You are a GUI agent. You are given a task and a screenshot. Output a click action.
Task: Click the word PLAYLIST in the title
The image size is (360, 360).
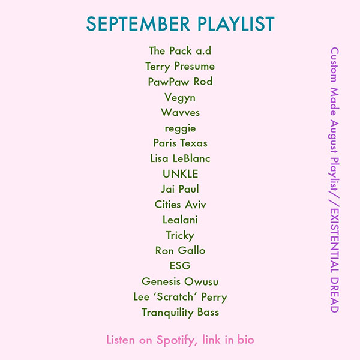pos(236,24)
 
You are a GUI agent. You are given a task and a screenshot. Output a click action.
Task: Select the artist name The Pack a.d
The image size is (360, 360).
pos(180,50)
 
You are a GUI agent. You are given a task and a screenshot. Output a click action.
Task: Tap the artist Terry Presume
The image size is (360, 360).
pos(180,66)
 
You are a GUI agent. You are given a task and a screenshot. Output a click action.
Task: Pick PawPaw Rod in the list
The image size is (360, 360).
pos(180,82)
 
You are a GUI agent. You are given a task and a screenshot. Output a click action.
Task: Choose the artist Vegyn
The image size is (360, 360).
pos(180,97)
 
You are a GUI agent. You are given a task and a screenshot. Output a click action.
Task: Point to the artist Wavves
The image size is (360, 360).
pos(180,112)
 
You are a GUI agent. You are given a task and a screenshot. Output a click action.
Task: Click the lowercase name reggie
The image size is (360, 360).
pos(180,128)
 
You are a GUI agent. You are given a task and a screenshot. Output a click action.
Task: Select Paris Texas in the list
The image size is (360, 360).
pos(180,143)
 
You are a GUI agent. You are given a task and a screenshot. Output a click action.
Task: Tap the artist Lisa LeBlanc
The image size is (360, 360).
pos(180,158)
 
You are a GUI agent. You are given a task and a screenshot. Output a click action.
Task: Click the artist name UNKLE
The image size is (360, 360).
pos(180,174)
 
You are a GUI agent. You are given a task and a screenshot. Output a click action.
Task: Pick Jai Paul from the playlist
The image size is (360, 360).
pos(180,189)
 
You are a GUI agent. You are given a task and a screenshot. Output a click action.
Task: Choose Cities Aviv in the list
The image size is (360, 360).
pos(180,205)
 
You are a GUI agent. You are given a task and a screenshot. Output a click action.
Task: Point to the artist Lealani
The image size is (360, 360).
pos(180,220)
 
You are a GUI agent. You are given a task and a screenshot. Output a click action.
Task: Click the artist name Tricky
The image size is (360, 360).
pos(180,235)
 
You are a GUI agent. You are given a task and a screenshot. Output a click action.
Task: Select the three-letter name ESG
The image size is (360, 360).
pos(180,266)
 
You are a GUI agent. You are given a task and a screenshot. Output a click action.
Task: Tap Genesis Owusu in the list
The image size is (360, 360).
pos(180,281)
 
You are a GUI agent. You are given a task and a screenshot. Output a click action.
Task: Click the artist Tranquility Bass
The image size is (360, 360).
pos(180,312)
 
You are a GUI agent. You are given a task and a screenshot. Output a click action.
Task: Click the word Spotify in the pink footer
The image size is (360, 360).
pos(175,340)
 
